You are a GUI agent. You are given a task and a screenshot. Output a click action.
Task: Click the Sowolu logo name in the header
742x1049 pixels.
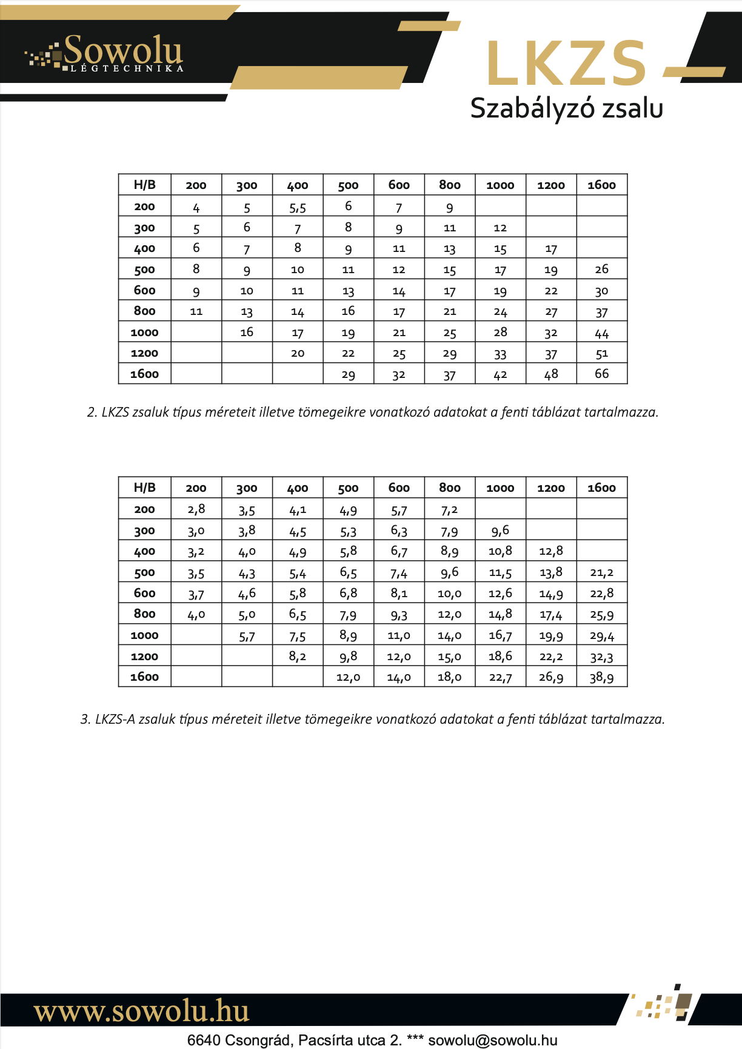tap(122, 50)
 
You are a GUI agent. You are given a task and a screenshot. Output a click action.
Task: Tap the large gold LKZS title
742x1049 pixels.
tap(566, 64)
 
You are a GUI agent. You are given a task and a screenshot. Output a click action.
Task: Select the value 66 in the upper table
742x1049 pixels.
tap(601, 374)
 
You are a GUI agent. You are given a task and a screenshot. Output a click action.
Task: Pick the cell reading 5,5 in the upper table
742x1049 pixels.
tap(298, 208)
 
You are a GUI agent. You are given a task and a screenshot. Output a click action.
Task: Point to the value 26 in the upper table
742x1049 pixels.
tap(601, 269)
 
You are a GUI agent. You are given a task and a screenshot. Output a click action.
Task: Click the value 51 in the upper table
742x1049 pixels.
tap(601, 353)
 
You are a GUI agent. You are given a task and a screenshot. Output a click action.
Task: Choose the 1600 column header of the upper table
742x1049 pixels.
tap(601, 185)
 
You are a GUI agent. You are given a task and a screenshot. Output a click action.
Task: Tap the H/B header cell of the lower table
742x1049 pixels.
tap(144, 488)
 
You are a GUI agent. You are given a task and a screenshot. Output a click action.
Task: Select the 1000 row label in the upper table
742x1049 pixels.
tap(144, 332)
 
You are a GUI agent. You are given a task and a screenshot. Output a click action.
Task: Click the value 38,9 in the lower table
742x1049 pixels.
tap(601, 677)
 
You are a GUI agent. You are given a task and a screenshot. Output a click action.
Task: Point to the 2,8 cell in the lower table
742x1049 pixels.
tap(196, 509)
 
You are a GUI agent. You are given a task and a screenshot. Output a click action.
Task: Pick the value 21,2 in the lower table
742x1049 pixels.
tap(601, 572)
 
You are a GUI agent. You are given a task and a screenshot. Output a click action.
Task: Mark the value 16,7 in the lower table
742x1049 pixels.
tap(500, 635)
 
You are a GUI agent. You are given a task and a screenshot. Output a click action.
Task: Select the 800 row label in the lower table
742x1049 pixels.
tap(144, 614)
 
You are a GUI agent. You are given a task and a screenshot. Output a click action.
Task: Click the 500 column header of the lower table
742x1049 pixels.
tap(348, 488)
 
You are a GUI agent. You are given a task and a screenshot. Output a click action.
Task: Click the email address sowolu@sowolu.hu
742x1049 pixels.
tap(492, 1041)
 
